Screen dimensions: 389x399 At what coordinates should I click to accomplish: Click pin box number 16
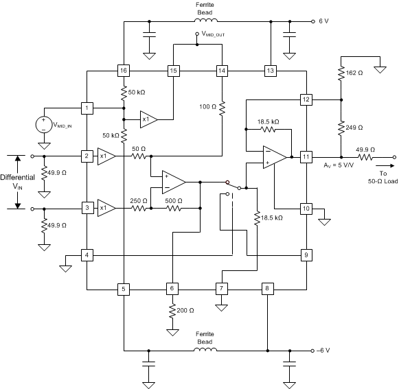point(123,71)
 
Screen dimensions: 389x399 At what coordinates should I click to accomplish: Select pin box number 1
point(87,108)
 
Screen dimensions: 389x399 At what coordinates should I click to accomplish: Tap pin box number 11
point(306,157)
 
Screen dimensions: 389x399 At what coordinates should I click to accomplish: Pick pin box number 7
point(222,289)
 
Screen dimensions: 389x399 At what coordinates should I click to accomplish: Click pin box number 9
point(306,255)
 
